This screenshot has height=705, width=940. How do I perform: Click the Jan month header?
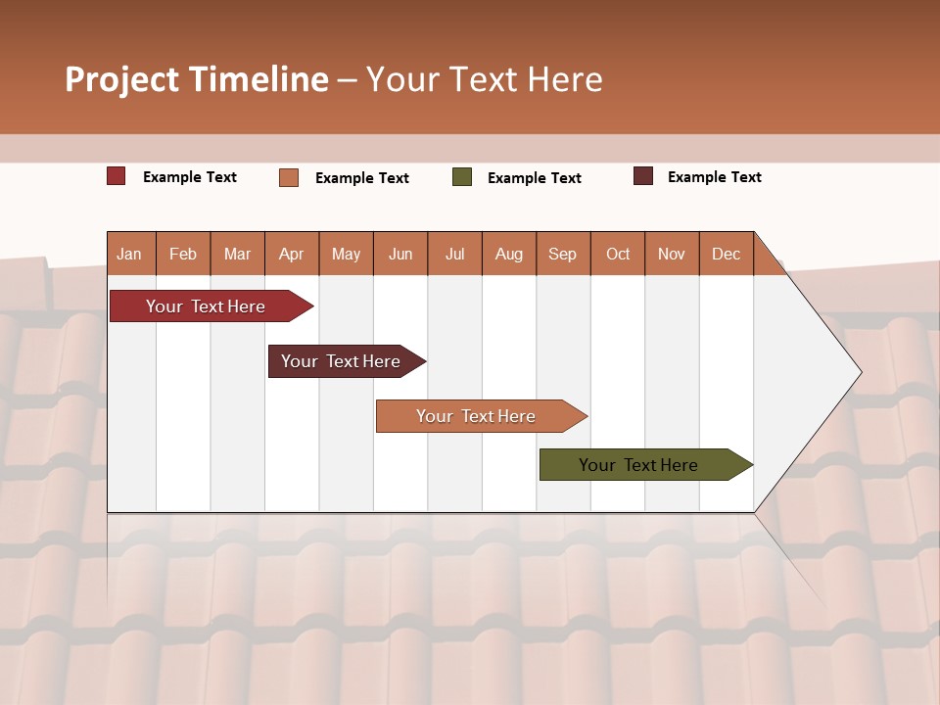point(130,254)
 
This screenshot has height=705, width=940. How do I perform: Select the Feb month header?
point(183,254)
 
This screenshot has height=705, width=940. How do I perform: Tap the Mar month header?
point(237,254)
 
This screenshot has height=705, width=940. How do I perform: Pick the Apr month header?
point(292,254)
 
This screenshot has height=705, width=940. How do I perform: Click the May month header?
point(346,254)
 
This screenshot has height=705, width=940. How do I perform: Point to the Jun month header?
point(400,254)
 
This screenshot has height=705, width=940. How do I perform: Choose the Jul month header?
point(454,254)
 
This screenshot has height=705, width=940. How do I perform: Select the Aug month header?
point(509,254)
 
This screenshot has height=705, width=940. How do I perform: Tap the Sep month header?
point(563,254)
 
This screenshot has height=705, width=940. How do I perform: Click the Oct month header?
point(618,254)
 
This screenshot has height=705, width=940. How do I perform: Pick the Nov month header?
point(672,254)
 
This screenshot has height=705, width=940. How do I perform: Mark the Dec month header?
point(727,254)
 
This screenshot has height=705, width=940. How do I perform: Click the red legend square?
point(117,176)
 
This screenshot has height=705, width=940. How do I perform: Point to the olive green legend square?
point(462,177)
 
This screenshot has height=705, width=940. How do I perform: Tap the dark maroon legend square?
point(643,176)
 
